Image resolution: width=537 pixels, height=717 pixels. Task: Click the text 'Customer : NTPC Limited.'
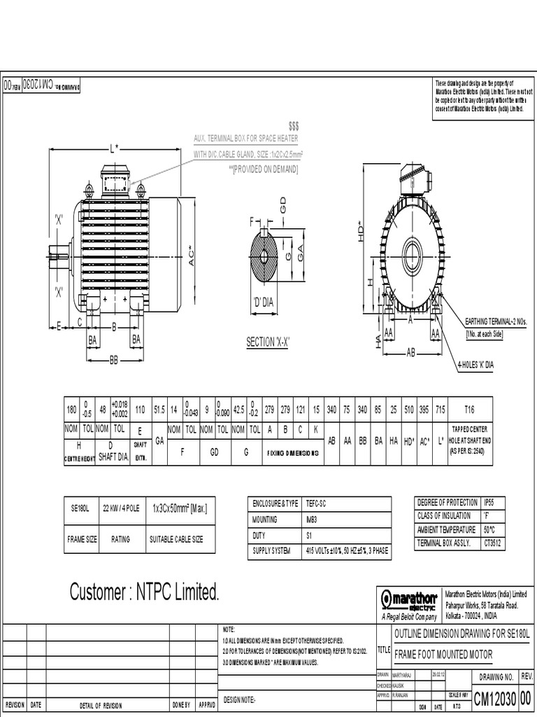[145, 593]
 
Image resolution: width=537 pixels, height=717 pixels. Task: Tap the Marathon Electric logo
[408, 600]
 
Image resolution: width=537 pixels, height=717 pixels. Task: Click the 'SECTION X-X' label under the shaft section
[268, 342]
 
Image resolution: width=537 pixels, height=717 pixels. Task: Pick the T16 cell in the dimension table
[468, 409]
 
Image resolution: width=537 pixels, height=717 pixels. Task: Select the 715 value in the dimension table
[440, 409]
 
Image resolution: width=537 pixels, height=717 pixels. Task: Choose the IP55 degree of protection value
[492, 503]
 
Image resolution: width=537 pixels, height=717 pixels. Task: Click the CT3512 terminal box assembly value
[494, 543]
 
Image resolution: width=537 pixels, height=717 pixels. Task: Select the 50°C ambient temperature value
[492, 530]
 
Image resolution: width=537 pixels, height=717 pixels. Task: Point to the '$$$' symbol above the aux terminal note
[293, 125]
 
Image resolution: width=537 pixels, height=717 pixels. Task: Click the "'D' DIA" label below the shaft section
[264, 302]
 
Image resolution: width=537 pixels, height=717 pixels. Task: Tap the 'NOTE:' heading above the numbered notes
[229, 629]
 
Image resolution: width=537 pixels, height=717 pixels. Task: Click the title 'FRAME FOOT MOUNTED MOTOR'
[443, 654]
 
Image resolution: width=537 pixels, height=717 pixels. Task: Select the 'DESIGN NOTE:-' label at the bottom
[240, 699]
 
